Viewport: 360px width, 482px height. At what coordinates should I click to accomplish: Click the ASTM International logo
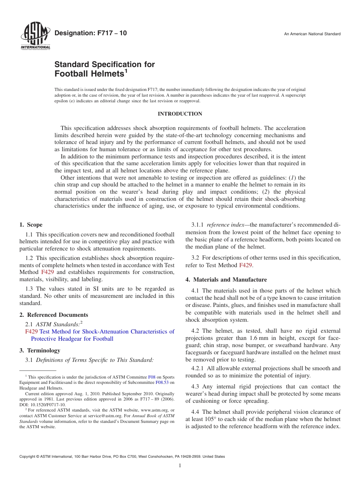pyautogui.click(x=35, y=36)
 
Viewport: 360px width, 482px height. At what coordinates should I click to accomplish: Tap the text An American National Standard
pyautogui.click(x=312, y=34)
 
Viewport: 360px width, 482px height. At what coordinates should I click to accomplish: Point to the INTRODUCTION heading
pyautogui.click(x=180, y=114)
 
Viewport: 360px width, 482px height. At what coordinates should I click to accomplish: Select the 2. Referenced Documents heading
pyautogui.click(x=54, y=315)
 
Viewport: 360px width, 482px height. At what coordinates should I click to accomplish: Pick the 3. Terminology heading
pyautogui.click(x=40, y=351)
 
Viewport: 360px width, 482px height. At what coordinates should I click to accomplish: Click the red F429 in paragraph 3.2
pyautogui.click(x=246, y=265)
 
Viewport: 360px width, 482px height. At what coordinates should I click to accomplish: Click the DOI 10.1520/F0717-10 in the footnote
pyautogui.click(x=49, y=405)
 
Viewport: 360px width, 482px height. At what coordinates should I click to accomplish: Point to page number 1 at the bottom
pyautogui.click(x=180, y=466)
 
